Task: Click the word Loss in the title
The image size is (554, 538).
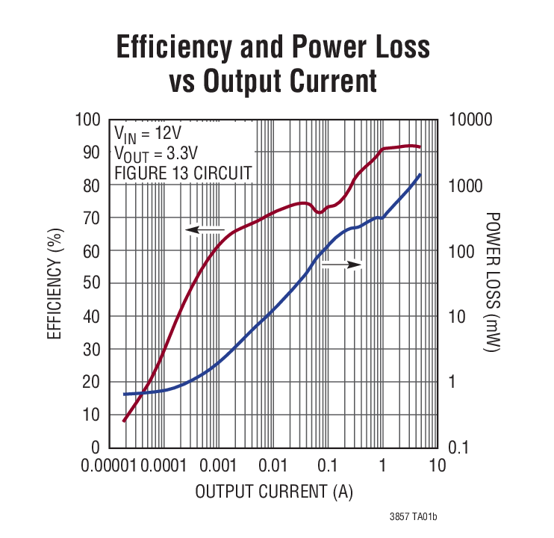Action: [x=395, y=47]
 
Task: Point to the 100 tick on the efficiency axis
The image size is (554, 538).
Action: [x=87, y=120]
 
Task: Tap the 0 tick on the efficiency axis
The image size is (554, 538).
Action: [x=95, y=447]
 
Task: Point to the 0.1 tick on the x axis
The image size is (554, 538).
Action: [x=328, y=466]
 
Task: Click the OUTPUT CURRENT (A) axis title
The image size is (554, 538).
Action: [x=273, y=492]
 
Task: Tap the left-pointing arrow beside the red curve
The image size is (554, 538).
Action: [x=205, y=229]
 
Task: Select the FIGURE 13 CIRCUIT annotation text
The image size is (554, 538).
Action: [x=182, y=174]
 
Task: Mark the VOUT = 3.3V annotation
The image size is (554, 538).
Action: [x=155, y=154]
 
